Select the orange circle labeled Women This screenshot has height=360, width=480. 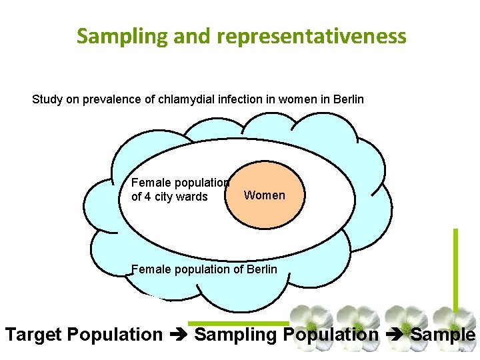click(x=264, y=195)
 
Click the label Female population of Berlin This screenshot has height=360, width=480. click(x=204, y=269)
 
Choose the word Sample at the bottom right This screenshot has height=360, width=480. click(x=443, y=334)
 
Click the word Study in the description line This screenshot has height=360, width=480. click(x=46, y=100)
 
